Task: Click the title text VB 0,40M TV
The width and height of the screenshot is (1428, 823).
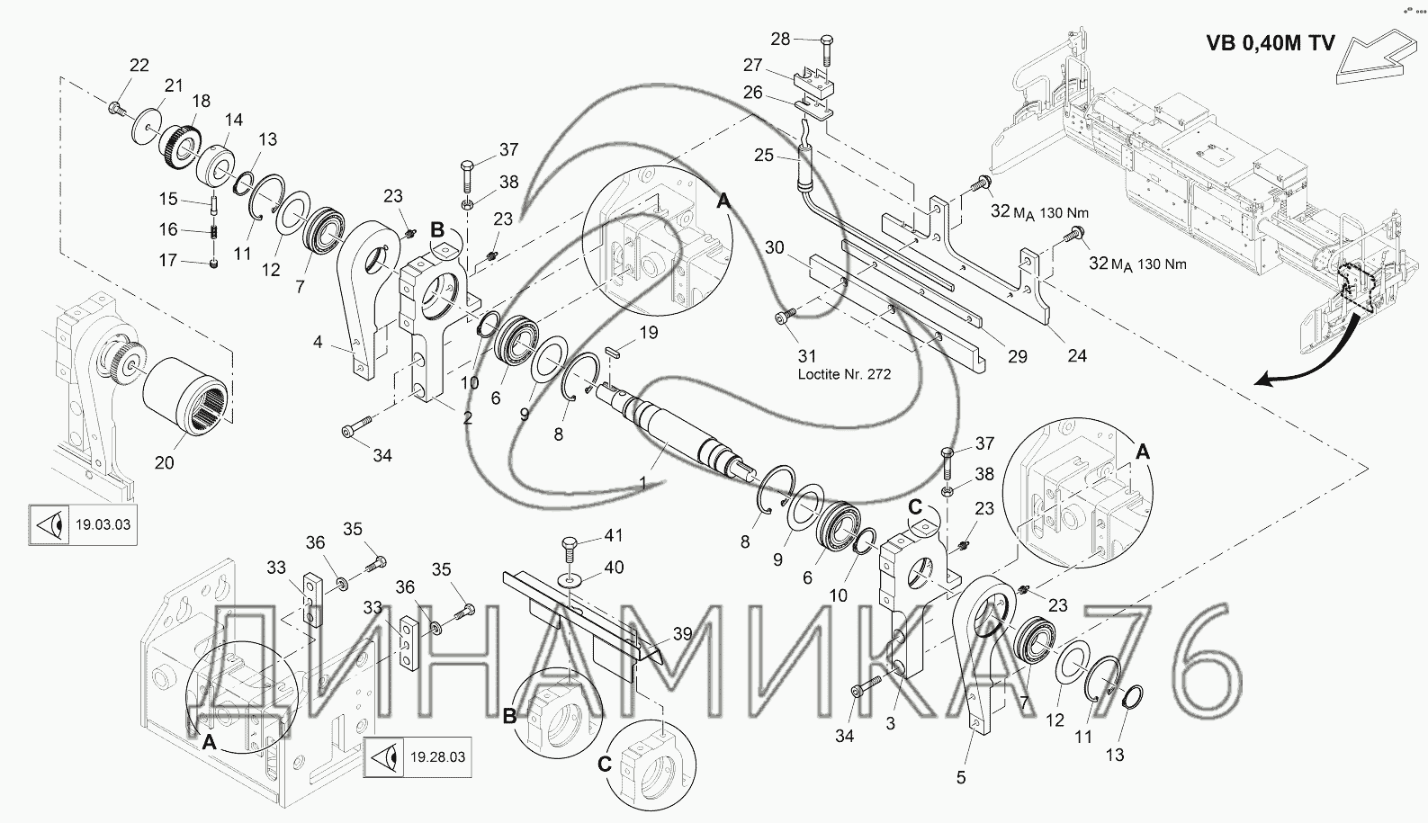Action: point(1270,43)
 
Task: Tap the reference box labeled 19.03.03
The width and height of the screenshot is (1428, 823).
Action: point(82,524)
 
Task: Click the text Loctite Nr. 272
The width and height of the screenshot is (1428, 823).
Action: point(844,374)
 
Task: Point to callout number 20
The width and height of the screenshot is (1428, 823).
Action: point(165,463)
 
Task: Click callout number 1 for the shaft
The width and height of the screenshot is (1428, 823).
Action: point(642,484)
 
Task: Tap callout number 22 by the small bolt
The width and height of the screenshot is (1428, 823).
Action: point(139,65)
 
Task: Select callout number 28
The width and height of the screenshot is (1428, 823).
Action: point(780,39)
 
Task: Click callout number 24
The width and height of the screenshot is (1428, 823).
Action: point(1077,356)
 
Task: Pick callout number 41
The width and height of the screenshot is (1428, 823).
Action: point(613,536)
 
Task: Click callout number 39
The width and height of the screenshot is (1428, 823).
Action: point(682,634)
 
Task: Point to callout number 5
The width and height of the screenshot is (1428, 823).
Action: point(961,777)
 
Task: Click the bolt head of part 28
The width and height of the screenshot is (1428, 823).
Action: point(828,40)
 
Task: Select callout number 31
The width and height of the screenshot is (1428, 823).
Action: point(807,357)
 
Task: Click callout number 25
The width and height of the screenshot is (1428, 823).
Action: point(764,155)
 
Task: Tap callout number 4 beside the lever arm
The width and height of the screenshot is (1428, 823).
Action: point(317,342)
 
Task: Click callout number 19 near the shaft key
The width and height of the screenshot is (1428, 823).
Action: point(649,333)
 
